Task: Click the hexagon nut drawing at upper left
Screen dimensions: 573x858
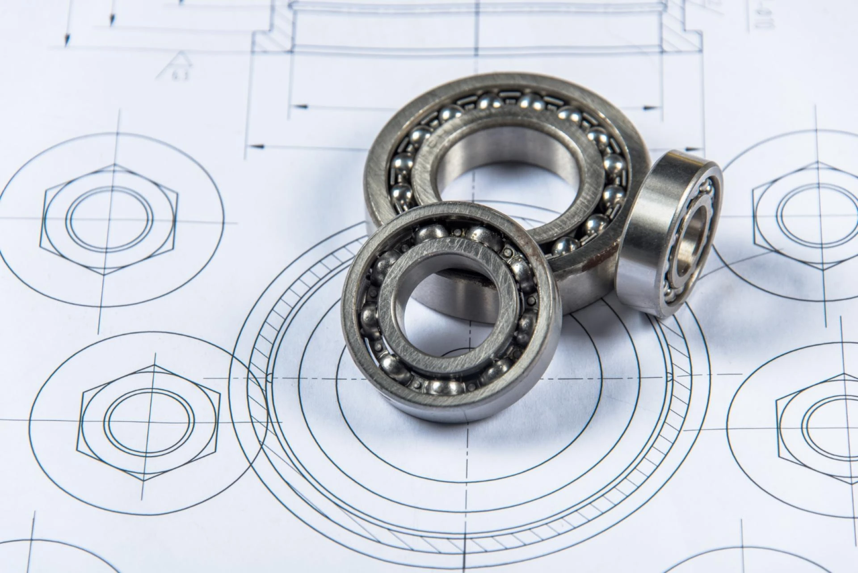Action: [109, 219]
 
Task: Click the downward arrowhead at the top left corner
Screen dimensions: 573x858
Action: [67, 40]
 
